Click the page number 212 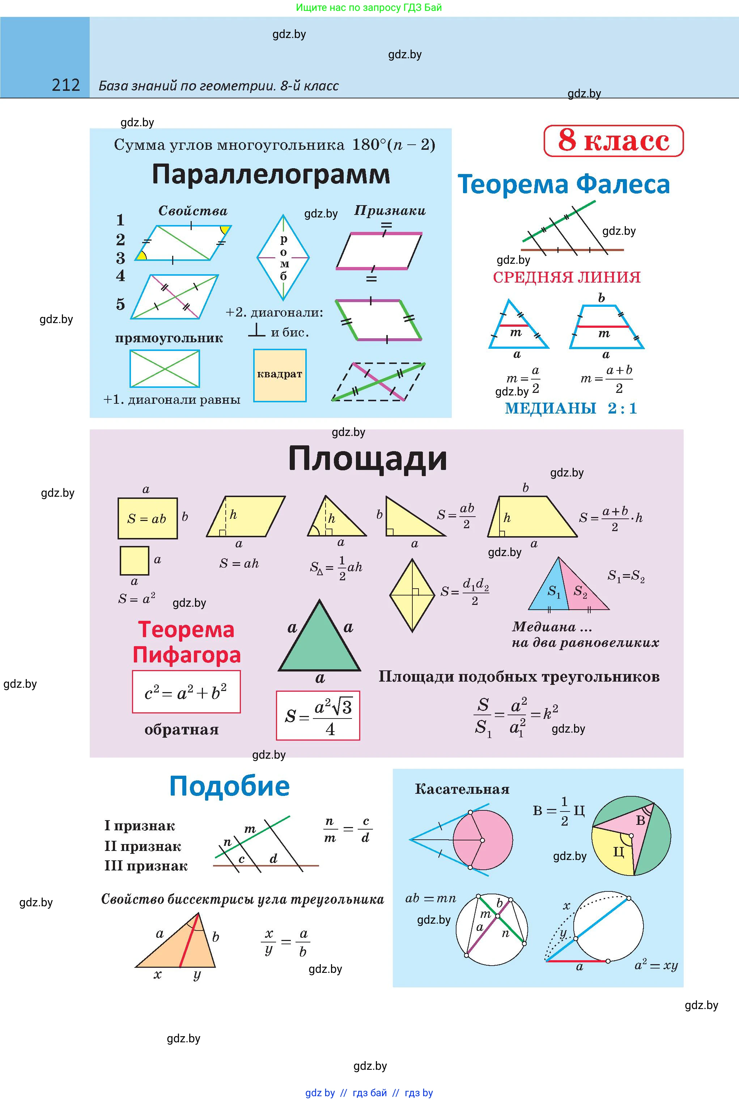pyautogui.click(x=66, y=85)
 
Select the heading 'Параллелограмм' pyautogui.click(x=271, y=174)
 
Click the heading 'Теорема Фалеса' pyautogui.click(x=564, y=184)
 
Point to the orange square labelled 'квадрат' pyautogui.click(x=280, y=375)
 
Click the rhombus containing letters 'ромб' pyautogui.click(x=283, y=257)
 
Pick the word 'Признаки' pyautogui.click(x=390, y=211)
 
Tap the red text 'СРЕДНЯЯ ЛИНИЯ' pyautogui.click(x=566, y=277)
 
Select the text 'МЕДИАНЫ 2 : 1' pyautogui.click(x=571, y=408)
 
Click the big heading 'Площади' pyautogui.click(x=367, y=459)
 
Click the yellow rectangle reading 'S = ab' pyautogui.click(x=148, y=518)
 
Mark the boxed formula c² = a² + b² pyautogui.click(x=186, y=692)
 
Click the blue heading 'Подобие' pyautogui.click(x=230, y=786)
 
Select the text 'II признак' pyautogui.click(x=143, y=846)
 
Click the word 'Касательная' pyautogui.click(x=462, y=789)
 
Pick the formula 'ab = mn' pyautogui.click(x=430, y=898)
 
